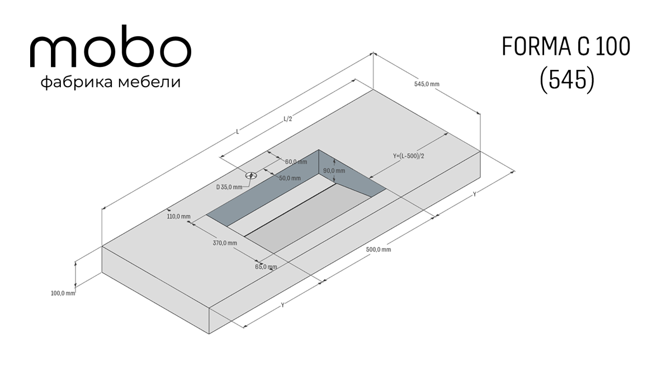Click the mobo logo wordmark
click(111, 46)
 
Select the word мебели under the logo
click(149, 82)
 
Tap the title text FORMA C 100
click(566, 46)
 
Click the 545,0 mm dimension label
click(427, 84)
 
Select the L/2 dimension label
click(287, 119)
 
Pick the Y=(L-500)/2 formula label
click(409, 156)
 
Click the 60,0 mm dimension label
click(296, 162)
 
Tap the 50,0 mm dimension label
click(290, 178)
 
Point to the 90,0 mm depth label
click(334, 171)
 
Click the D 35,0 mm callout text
click(229, 187)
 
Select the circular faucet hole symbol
click(251, 175)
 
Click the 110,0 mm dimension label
click(178, 216)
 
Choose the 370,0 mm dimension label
click(225, 243)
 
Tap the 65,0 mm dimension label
click(266, 266)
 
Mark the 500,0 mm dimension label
click(379, 250)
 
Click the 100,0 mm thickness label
click(63, 293)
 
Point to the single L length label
click(238, 131)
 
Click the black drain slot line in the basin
click(290, 210)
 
